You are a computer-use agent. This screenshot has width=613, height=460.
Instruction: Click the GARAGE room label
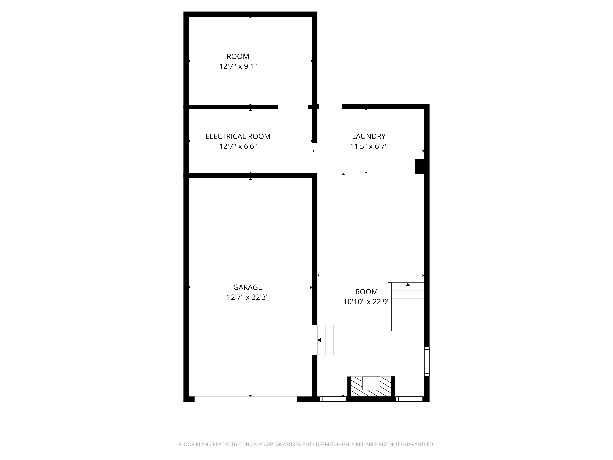point(247,287)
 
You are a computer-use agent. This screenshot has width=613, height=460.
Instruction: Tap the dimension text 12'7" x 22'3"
point(247,297)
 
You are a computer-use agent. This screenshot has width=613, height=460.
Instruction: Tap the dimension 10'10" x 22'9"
point(366,302)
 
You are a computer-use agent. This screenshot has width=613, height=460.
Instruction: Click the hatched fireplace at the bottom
point(371,387)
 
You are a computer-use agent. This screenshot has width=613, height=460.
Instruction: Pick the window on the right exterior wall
point(427,362)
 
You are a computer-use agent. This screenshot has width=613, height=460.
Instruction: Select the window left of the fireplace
point(333,399)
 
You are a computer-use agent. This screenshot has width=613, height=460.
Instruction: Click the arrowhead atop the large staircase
point(408,284)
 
